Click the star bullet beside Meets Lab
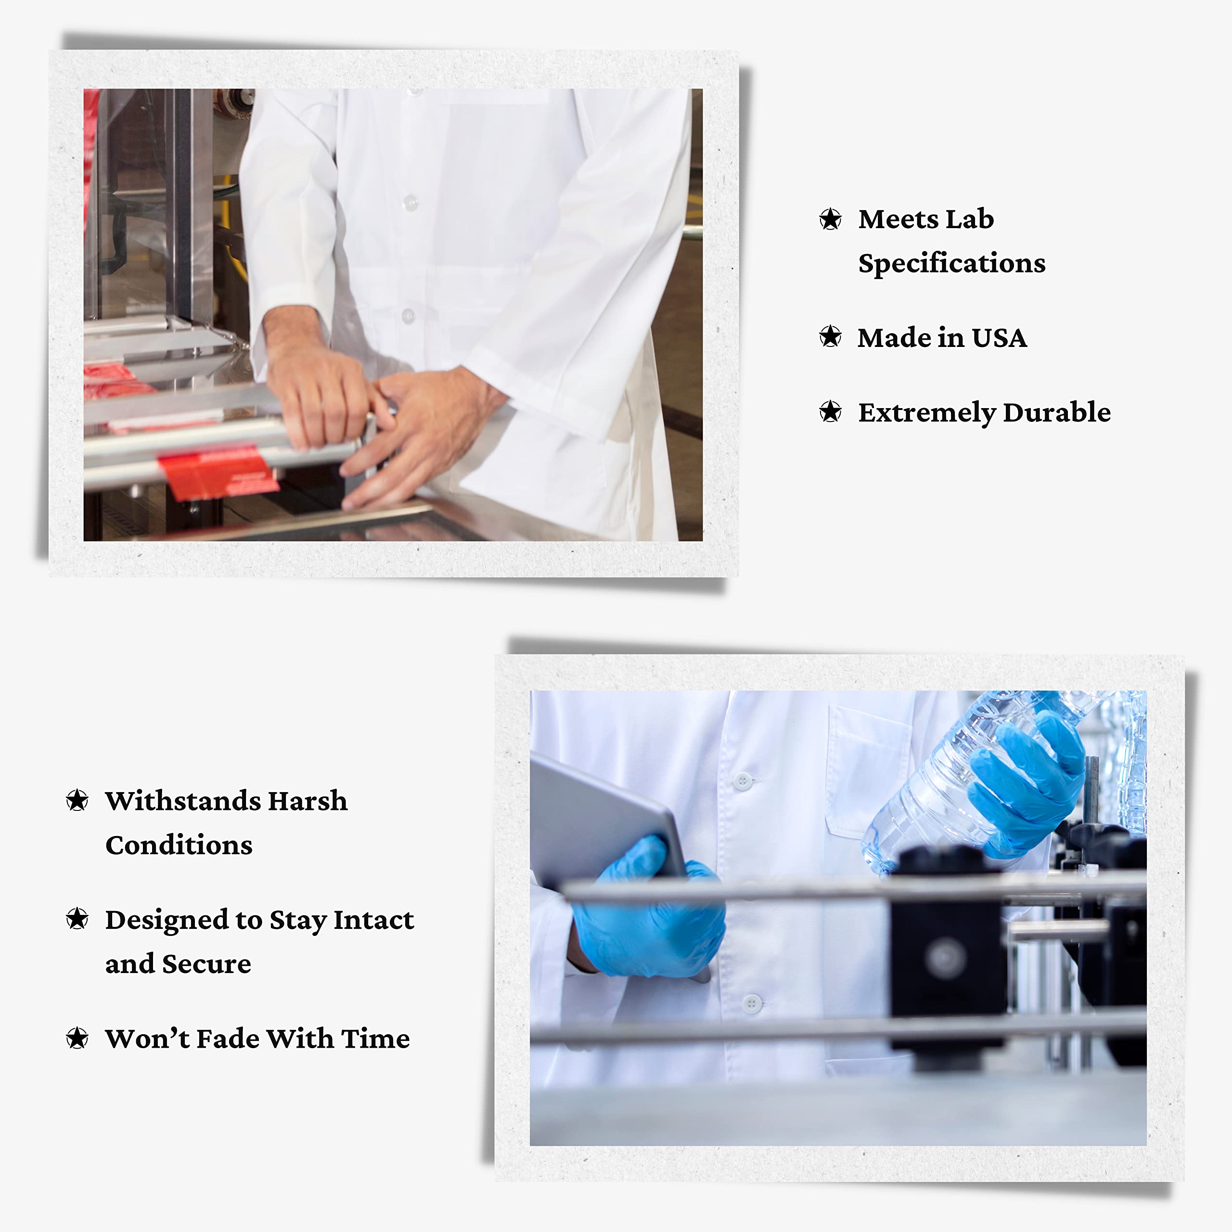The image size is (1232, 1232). point(830,219)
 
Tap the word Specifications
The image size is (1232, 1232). point(951,263)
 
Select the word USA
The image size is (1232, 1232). point(999,337)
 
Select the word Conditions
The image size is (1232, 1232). point(179,845)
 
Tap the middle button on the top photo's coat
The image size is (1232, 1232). point(410,203)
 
